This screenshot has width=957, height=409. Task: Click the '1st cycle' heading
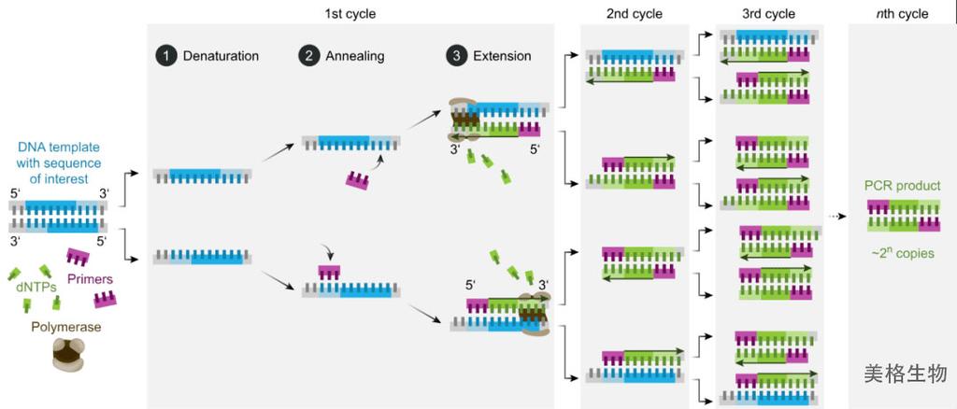(x=350, y=13)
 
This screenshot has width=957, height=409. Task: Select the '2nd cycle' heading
(x=635, y=13)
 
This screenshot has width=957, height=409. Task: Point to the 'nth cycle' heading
(x=902, y=13)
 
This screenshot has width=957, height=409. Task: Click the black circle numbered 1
(x=164, y=57)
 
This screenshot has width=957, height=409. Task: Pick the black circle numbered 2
(x=307, y=57)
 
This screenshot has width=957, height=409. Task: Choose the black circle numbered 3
(x=455, y=57)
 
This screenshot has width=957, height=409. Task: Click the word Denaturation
(x=221, y=57)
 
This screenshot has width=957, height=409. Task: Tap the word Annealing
(x=354, y=57)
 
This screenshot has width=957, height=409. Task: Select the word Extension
(x=502, y=57)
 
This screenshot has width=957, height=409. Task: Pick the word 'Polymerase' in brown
(x=67, y=328)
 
